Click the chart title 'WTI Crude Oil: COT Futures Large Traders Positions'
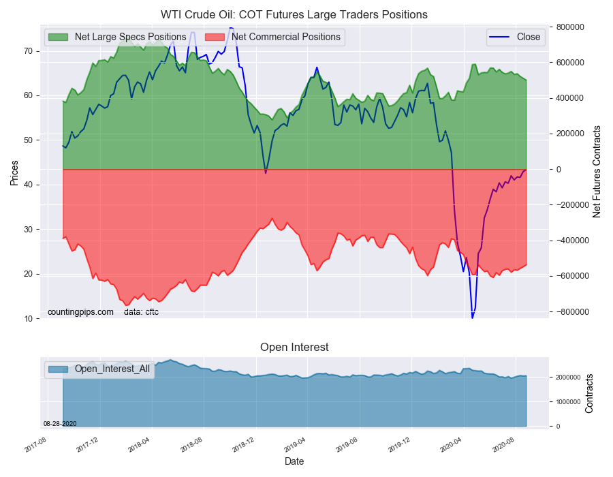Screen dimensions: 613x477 pyautogui.click(x=294, y=15)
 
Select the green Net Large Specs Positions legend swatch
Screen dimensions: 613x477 pyautogui.click(x=59, y=37)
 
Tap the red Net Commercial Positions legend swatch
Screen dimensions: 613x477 pyautogui.click(x=215, y=37)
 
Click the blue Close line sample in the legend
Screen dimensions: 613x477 pyautogui.click(x=500, y=37)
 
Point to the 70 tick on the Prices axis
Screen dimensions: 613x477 pyautogui.click(x=28, y=51)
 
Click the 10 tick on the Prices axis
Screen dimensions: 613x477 pyautogui.click(x=28, y=319)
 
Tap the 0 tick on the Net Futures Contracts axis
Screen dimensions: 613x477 pyautogui.click(x=559, y=169)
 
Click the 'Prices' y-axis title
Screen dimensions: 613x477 pyautogui.click(x=14, y=173)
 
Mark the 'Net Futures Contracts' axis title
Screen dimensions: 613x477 pyautogui.click(x=596, y=172)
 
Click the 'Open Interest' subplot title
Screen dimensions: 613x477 pyautogui.click(x=294, y=348)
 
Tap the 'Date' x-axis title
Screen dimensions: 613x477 pyautogui.click(x=294, y=461)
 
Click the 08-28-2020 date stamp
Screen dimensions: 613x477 pyautogui.click(x=60, y=424)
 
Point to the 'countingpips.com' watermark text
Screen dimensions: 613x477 pyautogui.click(x=80, y=312)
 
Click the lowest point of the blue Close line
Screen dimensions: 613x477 pyautogui.click(x=472, y=318)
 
